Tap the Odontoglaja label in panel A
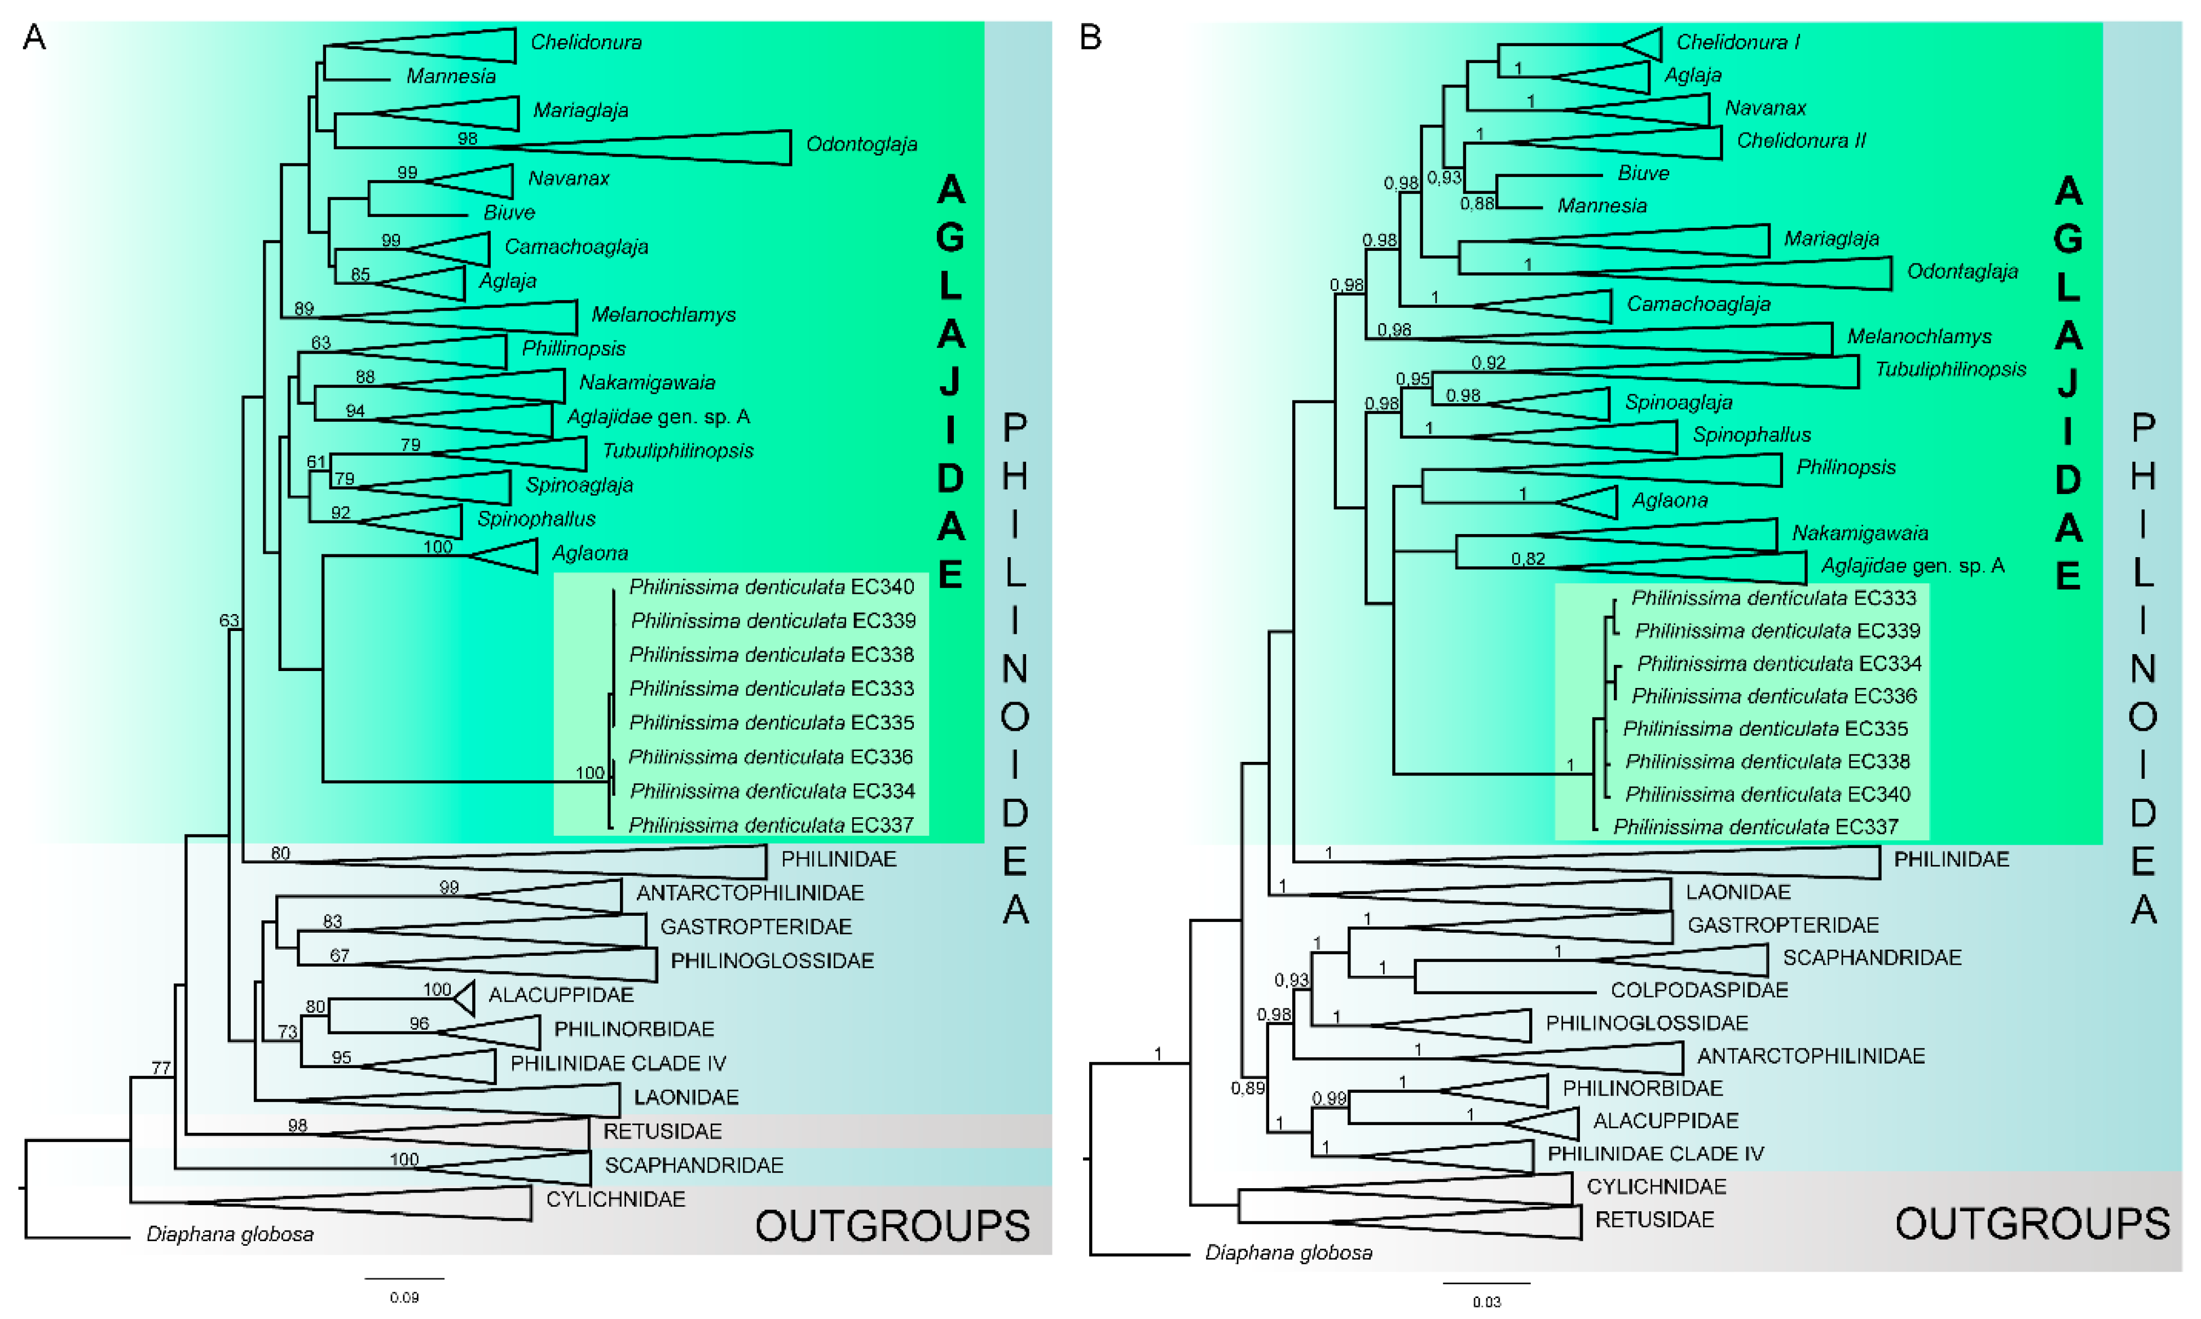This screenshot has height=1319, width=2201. [860, 144]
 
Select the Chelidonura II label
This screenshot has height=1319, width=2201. [1800, 140]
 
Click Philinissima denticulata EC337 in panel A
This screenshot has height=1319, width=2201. [771, 825]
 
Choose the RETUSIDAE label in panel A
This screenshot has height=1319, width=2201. [662, 1131]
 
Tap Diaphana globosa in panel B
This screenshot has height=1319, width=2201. [1288, 1252]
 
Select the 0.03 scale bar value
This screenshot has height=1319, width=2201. [1486, 1302]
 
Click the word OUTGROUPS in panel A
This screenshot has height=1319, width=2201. [892, 1227]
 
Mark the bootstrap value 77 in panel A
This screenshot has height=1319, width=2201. [161, 1067]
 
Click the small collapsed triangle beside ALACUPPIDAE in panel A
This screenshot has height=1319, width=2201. [465, 997]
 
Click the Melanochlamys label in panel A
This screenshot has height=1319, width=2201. [663, 315]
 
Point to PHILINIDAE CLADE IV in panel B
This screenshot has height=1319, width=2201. [1654, 1154]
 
